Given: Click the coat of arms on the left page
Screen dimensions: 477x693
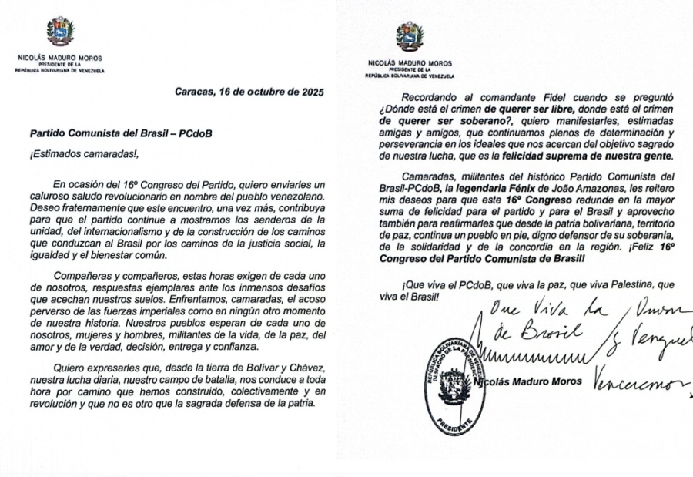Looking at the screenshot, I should [x=60, y=32].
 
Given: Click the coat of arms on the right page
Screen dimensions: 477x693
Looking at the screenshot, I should [x=410, y=36].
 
